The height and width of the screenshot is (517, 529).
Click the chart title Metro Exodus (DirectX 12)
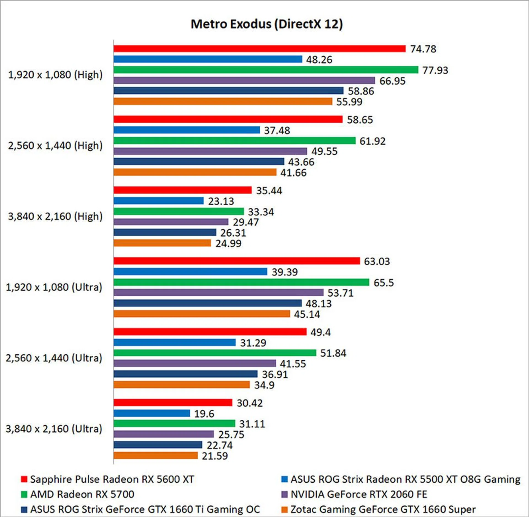pos(267,24)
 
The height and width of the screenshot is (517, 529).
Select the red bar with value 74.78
pos(259,49)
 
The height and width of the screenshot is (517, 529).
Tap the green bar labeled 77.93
pos(266,70)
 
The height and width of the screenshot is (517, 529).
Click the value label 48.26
pos(319,59)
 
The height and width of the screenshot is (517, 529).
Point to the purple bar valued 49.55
pos(210,151)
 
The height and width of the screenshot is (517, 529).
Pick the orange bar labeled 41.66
pos(195,172)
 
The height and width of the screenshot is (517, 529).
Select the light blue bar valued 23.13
pos(158,201)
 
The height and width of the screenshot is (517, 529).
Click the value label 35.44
pos(269,191)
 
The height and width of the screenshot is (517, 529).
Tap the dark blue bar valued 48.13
pos(207,303)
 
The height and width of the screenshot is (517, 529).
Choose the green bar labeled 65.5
pos(241,282)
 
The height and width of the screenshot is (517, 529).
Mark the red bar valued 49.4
pos(210,332)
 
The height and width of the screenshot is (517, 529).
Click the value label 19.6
pos(204,413)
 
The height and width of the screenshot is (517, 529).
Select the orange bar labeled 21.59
pos(155,456)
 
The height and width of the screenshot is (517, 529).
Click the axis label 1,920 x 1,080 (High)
pos(55,75)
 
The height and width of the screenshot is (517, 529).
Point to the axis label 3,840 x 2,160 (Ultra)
pos(54,429)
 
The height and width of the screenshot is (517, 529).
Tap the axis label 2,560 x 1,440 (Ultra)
pos(54,358)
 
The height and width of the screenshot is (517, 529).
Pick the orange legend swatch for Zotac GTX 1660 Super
pos(284,510)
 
